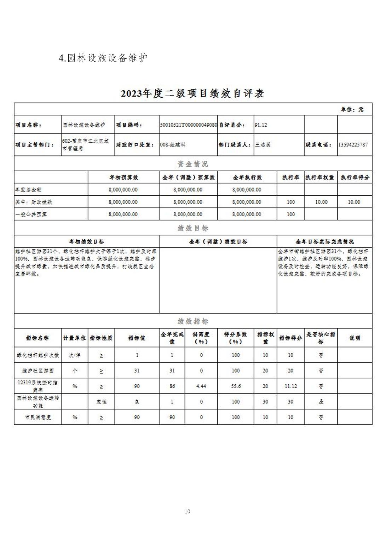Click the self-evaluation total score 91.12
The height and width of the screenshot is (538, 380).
pyautogui.click(x=261, y=125)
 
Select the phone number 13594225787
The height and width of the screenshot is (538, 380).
pyautogui.click(x=353, y=144)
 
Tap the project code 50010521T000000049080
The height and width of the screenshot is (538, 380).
pyautogui.click(x=188, y=125)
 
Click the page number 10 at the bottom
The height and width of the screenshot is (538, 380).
pyautogui.click(x=187, y=511)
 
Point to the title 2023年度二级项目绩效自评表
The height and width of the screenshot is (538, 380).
pyautogui.click(x=192, y=93)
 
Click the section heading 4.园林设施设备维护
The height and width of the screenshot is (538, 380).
pyautogui.click(x=103, y=58)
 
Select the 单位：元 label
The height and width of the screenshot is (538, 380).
pyautogui.click(x=352, y=109)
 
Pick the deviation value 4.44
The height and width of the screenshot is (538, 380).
pyautogui.click(x=201, y=386)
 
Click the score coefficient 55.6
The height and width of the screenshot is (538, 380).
pyautogui.click(x=236, y=386)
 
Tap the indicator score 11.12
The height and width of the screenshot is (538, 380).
pyautogui.click(x=290, y=386)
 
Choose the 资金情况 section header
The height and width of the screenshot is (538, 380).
pyautogui.click(x=193, y=164)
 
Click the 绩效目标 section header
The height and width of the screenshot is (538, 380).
pyautogui.click(x=193, y=228)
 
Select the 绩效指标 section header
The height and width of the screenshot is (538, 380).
pyautogui.click(x=193, y=321)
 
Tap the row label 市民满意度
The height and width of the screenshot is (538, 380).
pyautogui.click(x=38, y=417)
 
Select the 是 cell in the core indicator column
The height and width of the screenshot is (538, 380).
pyautogui.click(x=321, y=402)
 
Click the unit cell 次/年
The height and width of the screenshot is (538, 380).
pyautogui.click(x=74, y=355)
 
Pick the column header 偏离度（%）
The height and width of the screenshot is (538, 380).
pyautogui.click(x=201, y=338)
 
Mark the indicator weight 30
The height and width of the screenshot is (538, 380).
pyautogui.click(x=265, y=402)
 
